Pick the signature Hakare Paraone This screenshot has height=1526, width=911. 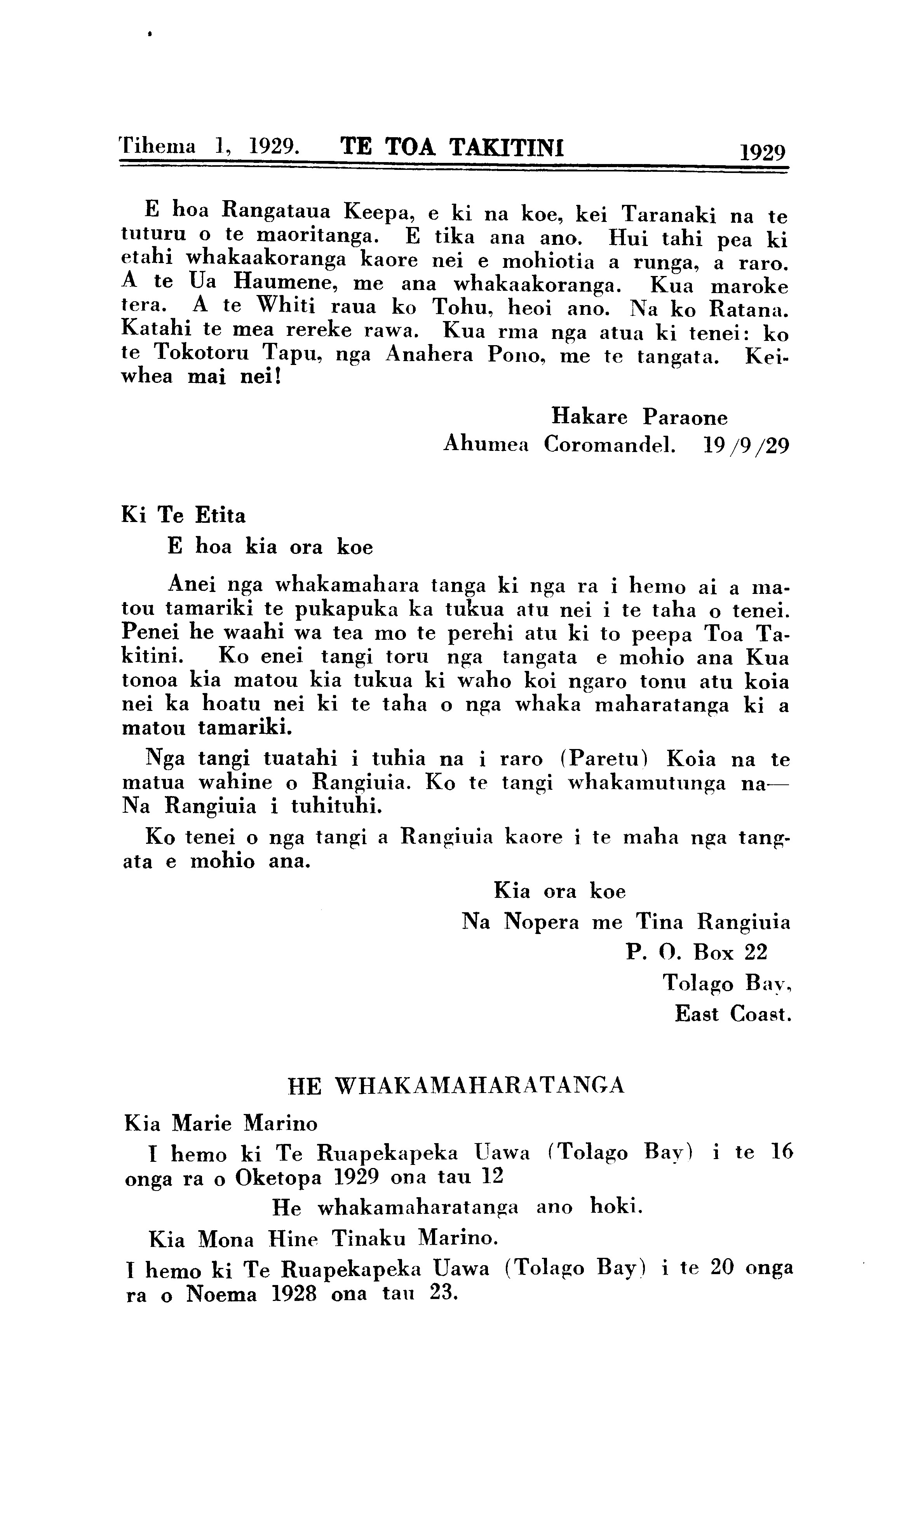[639, 417]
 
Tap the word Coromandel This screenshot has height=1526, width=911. [609, 444]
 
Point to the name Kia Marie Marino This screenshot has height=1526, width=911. [221, 1124]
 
